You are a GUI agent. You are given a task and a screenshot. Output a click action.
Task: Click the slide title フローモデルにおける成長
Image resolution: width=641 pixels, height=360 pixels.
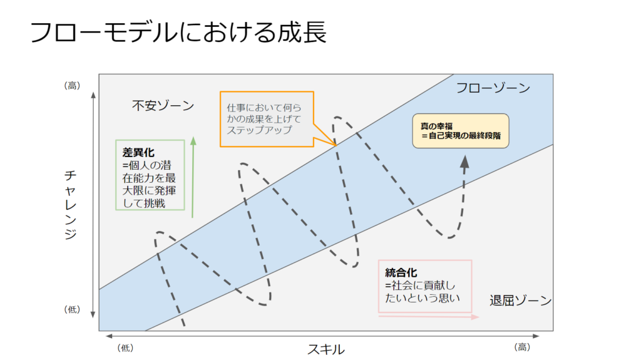pos(179,33)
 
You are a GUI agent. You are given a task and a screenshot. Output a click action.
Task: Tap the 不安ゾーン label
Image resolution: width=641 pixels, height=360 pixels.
pos(163,105)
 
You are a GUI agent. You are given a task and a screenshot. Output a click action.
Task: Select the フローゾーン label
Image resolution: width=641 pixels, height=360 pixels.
pos(493,88)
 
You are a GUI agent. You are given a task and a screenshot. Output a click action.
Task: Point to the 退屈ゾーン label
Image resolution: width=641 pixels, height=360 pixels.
pos(520,301)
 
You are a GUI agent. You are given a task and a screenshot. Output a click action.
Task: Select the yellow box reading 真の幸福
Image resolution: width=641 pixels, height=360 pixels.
pos(461,130)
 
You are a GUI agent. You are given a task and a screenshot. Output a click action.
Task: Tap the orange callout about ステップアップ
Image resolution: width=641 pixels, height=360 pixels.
pos(266,118)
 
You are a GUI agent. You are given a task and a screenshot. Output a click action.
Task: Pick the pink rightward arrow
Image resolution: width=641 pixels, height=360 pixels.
pos(429,317)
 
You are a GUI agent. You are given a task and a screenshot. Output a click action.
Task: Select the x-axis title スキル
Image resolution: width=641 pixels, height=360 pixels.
pos(326,349)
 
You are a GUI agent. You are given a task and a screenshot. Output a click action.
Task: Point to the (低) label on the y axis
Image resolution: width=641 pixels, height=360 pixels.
pos(73,309)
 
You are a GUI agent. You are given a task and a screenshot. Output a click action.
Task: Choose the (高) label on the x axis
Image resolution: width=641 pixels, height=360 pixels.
pos(522,347)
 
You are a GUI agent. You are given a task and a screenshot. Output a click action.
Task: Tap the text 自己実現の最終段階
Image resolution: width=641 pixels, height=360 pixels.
pos(464,135)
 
